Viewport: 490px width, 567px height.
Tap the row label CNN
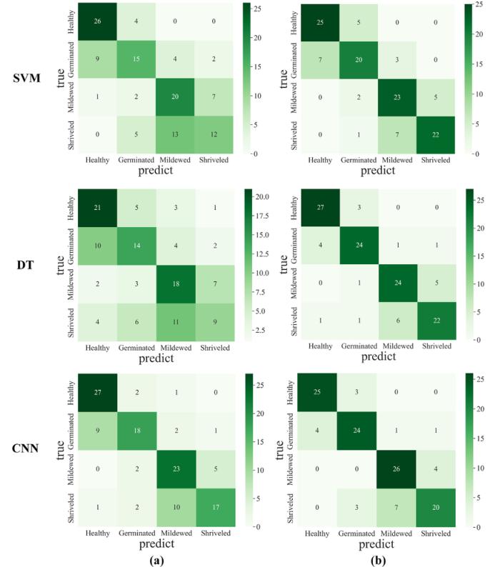(26, 451)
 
